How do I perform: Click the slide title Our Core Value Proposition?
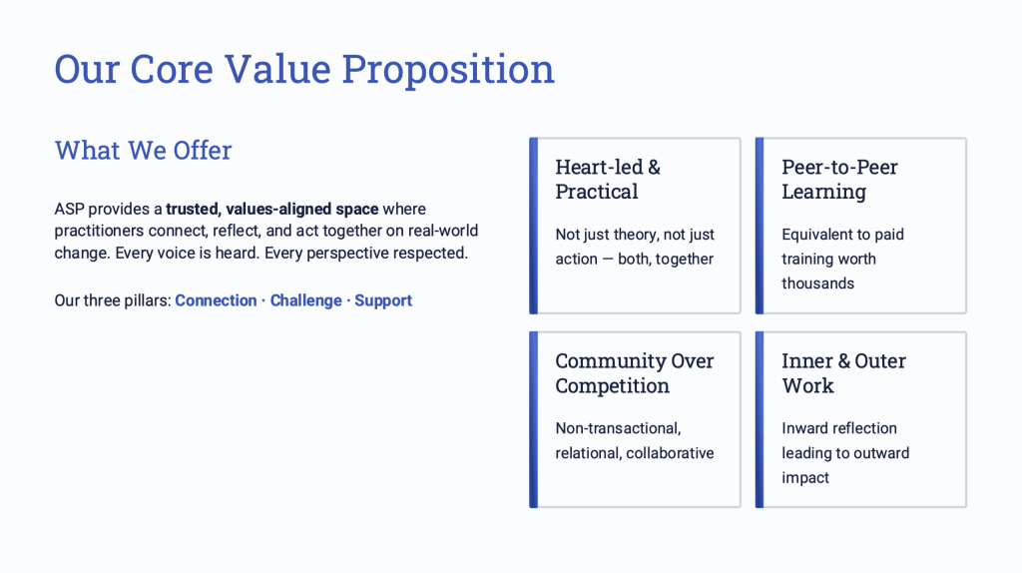click(304, 69)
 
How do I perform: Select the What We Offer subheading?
click(144, 150)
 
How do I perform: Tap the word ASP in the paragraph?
click(69, 210)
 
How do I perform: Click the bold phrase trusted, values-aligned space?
click(271, 210)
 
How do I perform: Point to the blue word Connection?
click(216, 300)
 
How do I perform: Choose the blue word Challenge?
click(305, 300)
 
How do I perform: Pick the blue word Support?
click(383, 300)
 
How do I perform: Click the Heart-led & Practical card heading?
click(608, 180)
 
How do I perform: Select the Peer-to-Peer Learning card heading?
click(839, 180)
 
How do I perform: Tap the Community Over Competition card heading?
click(634, 373)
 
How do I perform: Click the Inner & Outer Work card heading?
click(843, 373)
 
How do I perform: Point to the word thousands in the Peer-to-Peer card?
click(818, 284)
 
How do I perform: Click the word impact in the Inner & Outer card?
click(805, 478)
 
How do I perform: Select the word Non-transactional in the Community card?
click(618, 428)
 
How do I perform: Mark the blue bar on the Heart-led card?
click(533, 226)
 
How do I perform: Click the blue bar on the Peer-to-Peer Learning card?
click(760, 226)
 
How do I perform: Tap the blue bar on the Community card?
click(533, 420)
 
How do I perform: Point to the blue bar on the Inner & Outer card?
click(760, 420)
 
